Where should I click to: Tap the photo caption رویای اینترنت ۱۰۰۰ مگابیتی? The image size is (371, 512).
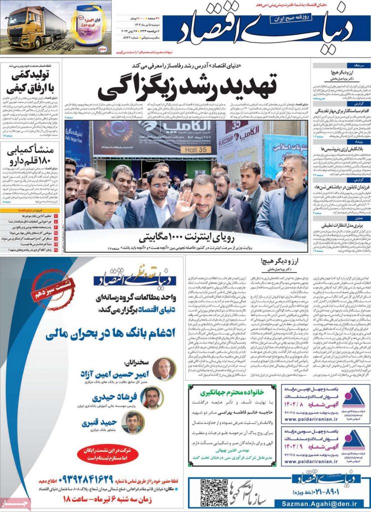click(185, 235)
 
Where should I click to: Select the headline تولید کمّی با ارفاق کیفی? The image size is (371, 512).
click(30, 83)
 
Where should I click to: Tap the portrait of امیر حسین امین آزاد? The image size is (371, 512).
click(163, 368)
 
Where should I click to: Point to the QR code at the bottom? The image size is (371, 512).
click(214, 492)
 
